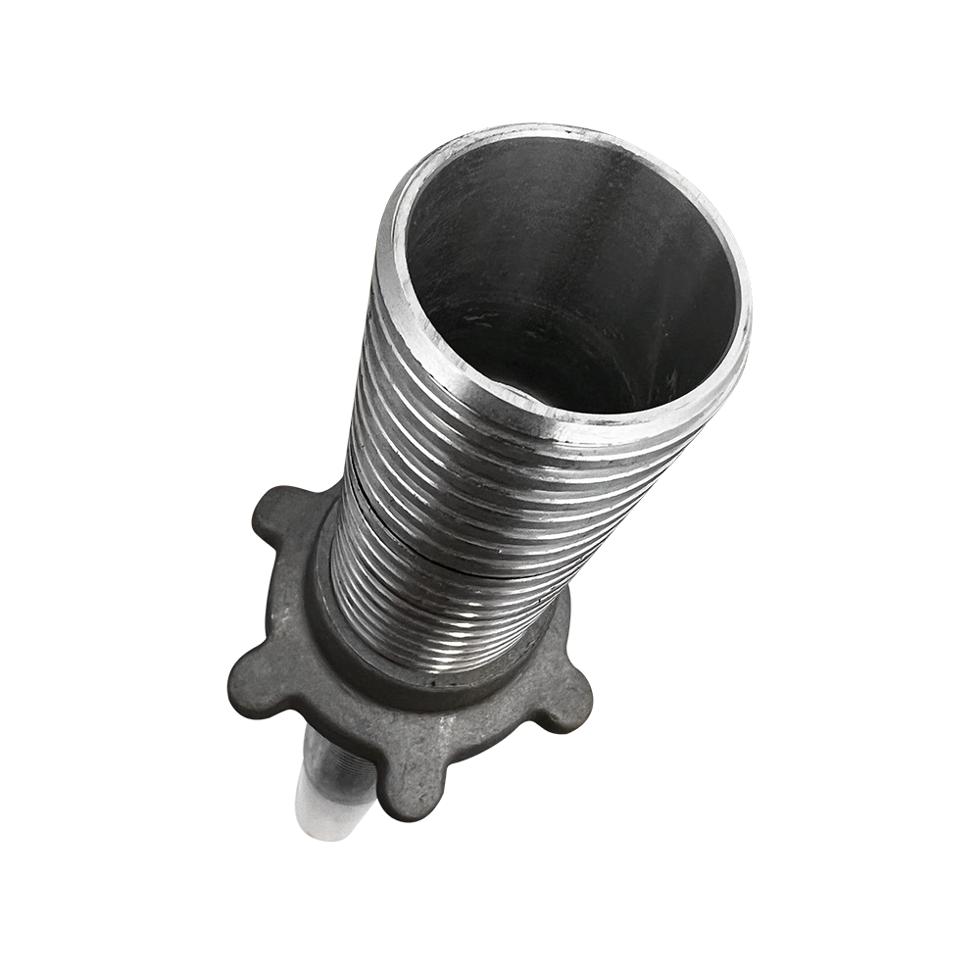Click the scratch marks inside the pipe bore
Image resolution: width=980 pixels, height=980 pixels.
click(x=490, y=323)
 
